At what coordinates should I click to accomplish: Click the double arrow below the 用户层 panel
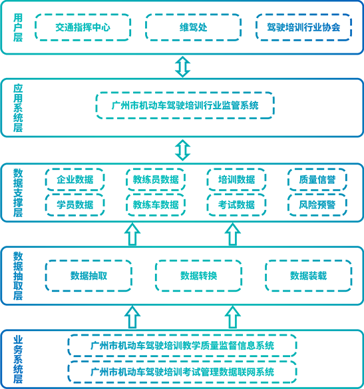point(182,67)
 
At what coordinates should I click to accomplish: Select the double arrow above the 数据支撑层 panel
point(182,150)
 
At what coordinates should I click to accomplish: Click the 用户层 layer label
point(18,27)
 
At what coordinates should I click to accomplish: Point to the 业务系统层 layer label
point(18,360)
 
